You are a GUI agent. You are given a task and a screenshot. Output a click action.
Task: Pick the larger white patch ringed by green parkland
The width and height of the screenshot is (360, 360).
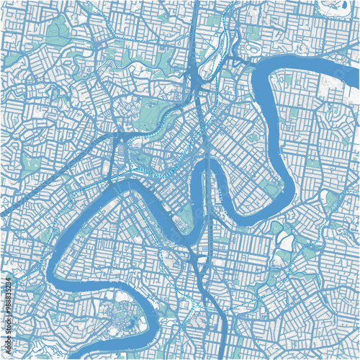point(286,243)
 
